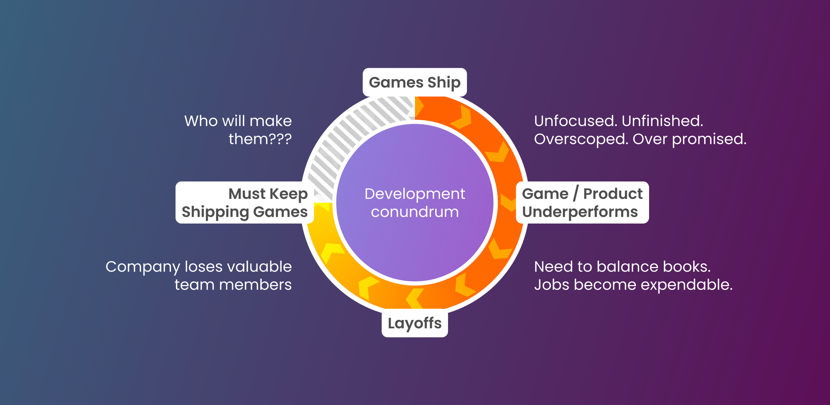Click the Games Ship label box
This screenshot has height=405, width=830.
coord(415,82)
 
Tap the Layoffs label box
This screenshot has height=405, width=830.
coord(415,323)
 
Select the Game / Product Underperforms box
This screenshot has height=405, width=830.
coord(582,202)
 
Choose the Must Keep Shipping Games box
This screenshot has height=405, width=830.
coord(245,202)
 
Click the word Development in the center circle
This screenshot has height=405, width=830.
coord(415,194)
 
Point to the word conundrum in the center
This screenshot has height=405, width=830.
coord(415,212)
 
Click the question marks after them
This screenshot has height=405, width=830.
coord(280,139)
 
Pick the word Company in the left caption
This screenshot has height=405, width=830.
coord(143,267)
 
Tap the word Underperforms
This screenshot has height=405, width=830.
coord(580,212)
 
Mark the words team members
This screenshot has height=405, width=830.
coord(233,285)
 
